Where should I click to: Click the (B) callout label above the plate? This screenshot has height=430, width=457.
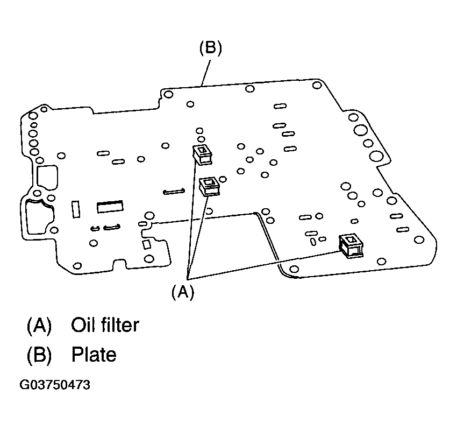coord(210,48)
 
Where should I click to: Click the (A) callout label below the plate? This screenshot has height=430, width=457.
coord(182,292)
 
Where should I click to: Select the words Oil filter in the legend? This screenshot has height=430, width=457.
coord(105,325)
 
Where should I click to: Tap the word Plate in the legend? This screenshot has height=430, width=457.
coord(94,355)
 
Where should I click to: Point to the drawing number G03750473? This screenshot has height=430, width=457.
coord(55,385)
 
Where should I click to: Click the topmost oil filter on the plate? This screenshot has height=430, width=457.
coord(203,154)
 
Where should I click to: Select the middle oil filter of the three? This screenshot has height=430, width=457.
coord(209,187)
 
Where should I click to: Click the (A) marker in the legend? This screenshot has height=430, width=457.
coord(39,325)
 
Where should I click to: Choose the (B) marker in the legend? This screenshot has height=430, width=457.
coord(39,355)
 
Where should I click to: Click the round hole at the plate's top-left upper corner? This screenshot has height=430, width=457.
coord(168,95)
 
